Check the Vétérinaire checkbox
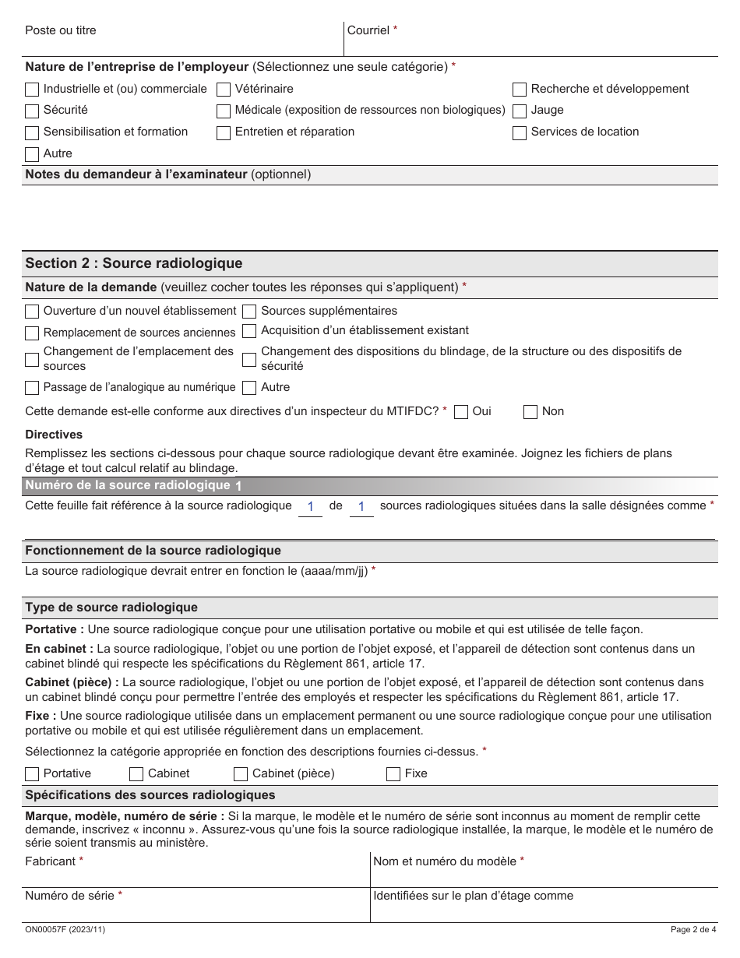tap(224, 90)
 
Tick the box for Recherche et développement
tap(520, 90)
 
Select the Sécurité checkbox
tap(32, 111)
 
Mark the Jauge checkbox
tap(520, 111)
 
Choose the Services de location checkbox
tap(520, 133)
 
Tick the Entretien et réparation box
tap(224, 133)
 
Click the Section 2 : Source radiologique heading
tap(134, 263)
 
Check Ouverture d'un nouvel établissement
tap(32, 312)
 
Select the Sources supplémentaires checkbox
tap(249, 312)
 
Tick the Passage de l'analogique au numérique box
tap(32, 388)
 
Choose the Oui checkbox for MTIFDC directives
tap(461, 412)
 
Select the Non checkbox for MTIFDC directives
tap(530, 412)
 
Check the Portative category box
tap(32, 774)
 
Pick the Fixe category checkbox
tap(393, 774)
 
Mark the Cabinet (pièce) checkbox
tap(241, 774)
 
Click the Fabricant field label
tap(51, 861)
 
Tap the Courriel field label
tap(368, 30)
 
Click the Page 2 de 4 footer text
tap(692, 930)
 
